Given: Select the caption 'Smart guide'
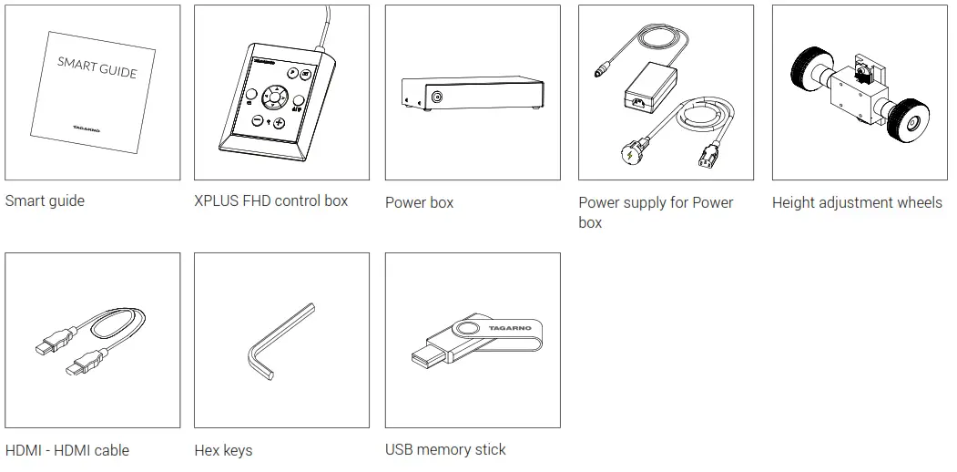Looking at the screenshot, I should pos(45,200).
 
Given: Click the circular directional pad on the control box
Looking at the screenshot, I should pos(272,97).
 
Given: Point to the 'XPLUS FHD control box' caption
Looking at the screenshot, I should pos(270,200).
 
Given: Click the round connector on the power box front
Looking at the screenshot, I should pos(438,97).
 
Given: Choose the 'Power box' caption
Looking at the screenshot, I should pos(419,202).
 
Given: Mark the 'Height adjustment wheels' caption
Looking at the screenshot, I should pos(857,202).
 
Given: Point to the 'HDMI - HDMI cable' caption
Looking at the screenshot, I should pos(67,450).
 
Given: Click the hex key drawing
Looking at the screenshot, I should pos(273,342).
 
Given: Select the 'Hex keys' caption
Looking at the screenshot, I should pos(223,450).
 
